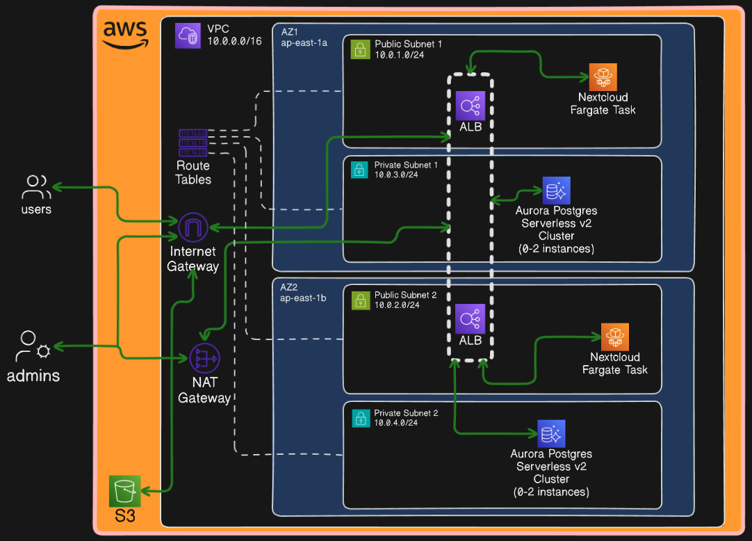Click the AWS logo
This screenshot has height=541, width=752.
125,33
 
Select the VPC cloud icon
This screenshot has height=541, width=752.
188,35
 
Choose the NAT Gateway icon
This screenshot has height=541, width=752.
204,358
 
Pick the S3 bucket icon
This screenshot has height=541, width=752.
125,491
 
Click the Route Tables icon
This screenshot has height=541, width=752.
193,143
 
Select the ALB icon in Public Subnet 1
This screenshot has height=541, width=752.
471,105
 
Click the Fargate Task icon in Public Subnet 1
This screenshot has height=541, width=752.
603,76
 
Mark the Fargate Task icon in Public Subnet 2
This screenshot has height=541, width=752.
614,337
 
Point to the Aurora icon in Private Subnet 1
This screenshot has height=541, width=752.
556,190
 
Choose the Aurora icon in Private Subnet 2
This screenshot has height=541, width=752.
551,434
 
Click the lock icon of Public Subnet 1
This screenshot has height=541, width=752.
360,49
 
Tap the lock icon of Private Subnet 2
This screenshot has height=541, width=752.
360,418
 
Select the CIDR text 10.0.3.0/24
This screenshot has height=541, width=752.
396,175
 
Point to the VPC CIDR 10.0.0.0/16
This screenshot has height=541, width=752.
234,41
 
